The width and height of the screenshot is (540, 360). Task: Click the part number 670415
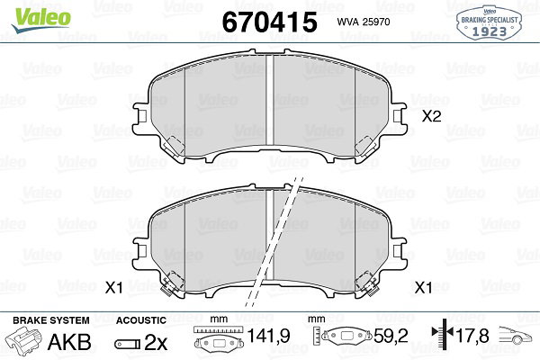(270, 22)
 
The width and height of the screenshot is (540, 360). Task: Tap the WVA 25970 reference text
(364, 22)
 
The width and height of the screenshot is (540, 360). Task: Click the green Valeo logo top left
(41, 20)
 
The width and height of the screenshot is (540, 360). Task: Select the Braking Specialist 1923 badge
(489, 22)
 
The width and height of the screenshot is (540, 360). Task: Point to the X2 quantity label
(431, 116)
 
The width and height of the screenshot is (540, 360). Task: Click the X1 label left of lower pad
(114, 287)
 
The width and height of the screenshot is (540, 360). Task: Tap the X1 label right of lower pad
(423, 287)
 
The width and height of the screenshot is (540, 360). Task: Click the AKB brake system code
(69, 342)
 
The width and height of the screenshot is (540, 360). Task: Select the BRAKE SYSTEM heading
(51, 320)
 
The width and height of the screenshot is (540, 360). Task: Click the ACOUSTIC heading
(141, 320)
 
